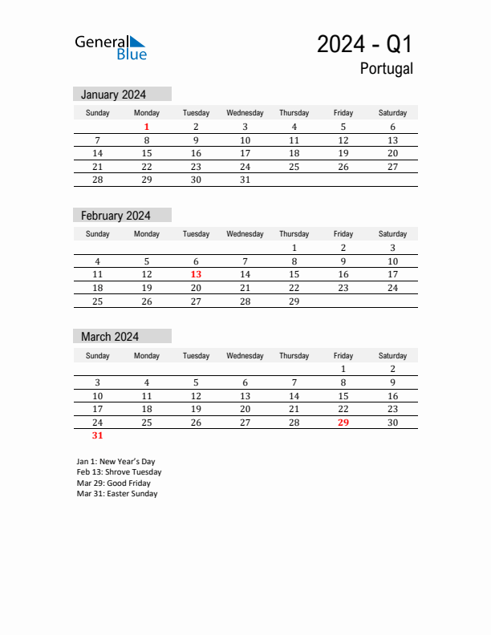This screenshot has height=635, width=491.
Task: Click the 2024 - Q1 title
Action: (x=364, y=44)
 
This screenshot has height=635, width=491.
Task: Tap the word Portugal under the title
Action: (x=386, y=69)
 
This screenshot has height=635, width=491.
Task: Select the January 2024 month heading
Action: (x=113, y=95)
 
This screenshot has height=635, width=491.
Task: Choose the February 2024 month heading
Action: (x=116, y=216)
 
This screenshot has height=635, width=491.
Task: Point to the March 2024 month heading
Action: (x=110, y=337)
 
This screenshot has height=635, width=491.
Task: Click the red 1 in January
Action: (x=147, y=127)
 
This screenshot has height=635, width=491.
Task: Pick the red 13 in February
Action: (x=196, y=274)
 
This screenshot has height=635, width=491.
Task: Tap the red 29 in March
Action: (x=343, y=423)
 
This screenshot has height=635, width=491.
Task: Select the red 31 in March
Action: (x=97, y=435)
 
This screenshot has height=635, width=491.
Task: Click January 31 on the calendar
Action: (x=245, y=180)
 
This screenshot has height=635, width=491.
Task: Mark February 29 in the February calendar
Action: (x=294, y=301)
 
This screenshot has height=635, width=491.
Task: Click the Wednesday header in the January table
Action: (x=245, y=113)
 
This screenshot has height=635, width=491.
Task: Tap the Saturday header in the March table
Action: (x=392, y=355)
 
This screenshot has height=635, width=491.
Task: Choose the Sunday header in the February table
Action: (x=97, y=234)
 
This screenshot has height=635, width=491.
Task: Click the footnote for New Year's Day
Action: (x=116, y=462)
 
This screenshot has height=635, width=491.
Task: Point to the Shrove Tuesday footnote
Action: (x=119, y=472)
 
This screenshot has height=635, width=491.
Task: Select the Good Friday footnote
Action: (x=113, y=483)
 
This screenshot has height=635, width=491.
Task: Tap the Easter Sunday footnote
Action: (x=117, y=494)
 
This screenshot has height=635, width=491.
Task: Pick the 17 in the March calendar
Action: (x=97, y=409)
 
